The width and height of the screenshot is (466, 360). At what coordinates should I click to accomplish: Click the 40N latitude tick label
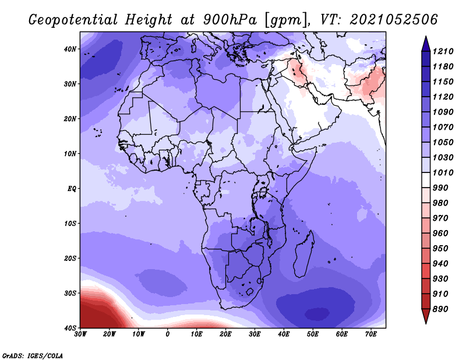[70, 49]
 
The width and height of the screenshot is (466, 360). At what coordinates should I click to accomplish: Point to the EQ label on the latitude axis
[72, 189]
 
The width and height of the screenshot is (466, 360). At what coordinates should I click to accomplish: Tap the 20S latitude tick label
[70, 258]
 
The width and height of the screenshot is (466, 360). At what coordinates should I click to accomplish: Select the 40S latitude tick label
[70, 328]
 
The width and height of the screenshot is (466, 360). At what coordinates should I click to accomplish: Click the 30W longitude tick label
[80, 334]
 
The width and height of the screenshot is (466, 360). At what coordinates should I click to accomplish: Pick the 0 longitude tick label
[168, 334]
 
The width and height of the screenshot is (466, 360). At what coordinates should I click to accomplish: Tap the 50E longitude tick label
[313, 334]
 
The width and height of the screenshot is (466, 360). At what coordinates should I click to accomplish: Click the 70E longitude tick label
[371, 334]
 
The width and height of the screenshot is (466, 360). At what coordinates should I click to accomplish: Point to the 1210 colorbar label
[443, 51]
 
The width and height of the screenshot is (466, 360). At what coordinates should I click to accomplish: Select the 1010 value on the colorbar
[443, 172]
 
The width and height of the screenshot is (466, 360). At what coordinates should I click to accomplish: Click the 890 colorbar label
[440, 309]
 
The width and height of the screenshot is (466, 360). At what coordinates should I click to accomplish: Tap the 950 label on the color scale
[440, 249]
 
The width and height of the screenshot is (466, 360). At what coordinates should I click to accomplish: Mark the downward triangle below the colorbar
[426, 316]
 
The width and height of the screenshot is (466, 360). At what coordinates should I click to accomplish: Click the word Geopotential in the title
[73, 20]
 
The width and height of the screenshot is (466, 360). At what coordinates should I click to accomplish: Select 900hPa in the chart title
[230, 20]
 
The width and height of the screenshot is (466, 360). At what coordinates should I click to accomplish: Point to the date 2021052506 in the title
[394, 20]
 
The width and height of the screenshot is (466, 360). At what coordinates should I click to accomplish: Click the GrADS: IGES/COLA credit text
[33, 355]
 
